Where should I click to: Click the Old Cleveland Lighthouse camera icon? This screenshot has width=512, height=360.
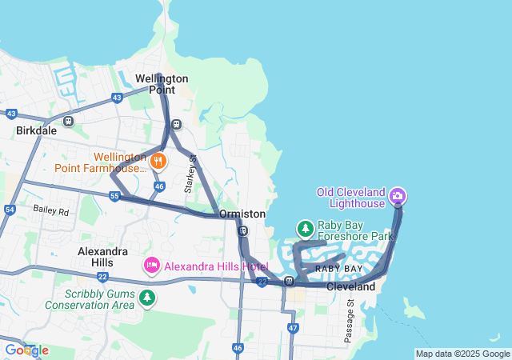coord(398,195)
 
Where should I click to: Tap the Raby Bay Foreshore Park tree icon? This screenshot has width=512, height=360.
coord(305,229)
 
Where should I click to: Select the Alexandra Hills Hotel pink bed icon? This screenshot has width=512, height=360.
coord(151,265)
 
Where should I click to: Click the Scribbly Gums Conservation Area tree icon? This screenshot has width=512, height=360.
coord(146,298)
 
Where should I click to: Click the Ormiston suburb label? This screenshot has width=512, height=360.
coord(242,214)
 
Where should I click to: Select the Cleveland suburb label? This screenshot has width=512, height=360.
coord(350,286)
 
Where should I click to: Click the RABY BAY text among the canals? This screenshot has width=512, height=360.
coord(338,268)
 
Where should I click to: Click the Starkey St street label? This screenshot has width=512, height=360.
coord(190,174)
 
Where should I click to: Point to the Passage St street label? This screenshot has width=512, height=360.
coord(349,322)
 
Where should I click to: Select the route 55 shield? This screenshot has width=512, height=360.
coord(115,196)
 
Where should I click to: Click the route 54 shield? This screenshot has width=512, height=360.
coord(10,209)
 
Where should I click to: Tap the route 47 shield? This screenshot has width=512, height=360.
coord(294,328)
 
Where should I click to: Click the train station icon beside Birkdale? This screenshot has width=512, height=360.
coord(69,122)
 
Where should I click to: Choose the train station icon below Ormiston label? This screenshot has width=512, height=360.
coord(242,231)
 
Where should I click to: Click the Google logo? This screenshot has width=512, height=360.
coord(26,350)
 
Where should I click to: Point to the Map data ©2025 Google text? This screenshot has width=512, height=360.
coord(462,354)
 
